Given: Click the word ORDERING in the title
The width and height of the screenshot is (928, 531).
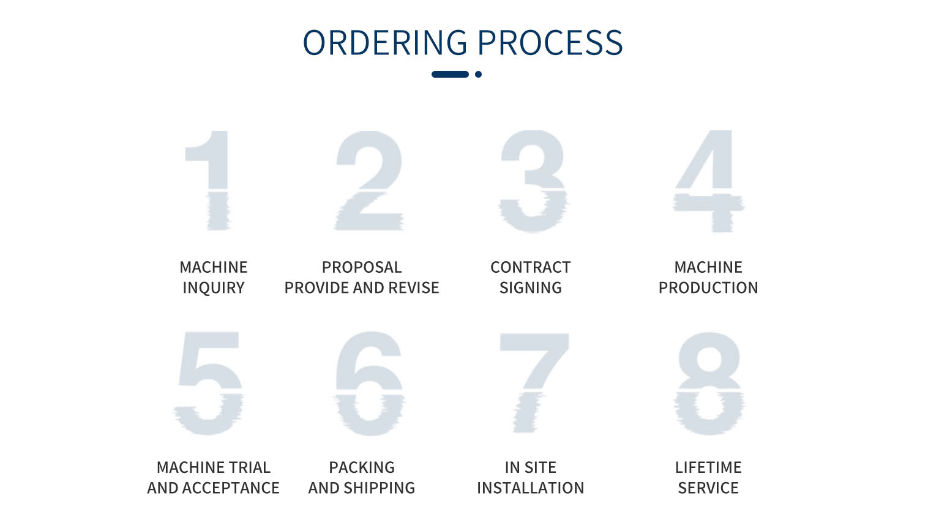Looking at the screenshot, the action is [385, 42].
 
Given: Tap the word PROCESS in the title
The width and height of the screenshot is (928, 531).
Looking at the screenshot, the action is [550, 42].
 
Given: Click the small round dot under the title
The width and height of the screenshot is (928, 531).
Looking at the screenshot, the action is [478, 75].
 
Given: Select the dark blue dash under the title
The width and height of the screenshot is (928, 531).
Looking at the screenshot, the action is [450, 75].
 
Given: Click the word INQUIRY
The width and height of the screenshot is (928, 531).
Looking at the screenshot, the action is [214, 288].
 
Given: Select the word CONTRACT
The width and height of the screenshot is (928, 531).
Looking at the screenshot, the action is [530, 267].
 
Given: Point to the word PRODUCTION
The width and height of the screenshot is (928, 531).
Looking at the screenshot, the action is [708, 288].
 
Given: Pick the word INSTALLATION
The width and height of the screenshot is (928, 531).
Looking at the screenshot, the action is [530, 488].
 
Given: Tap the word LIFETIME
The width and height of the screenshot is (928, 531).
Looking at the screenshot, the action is [708, 467].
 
